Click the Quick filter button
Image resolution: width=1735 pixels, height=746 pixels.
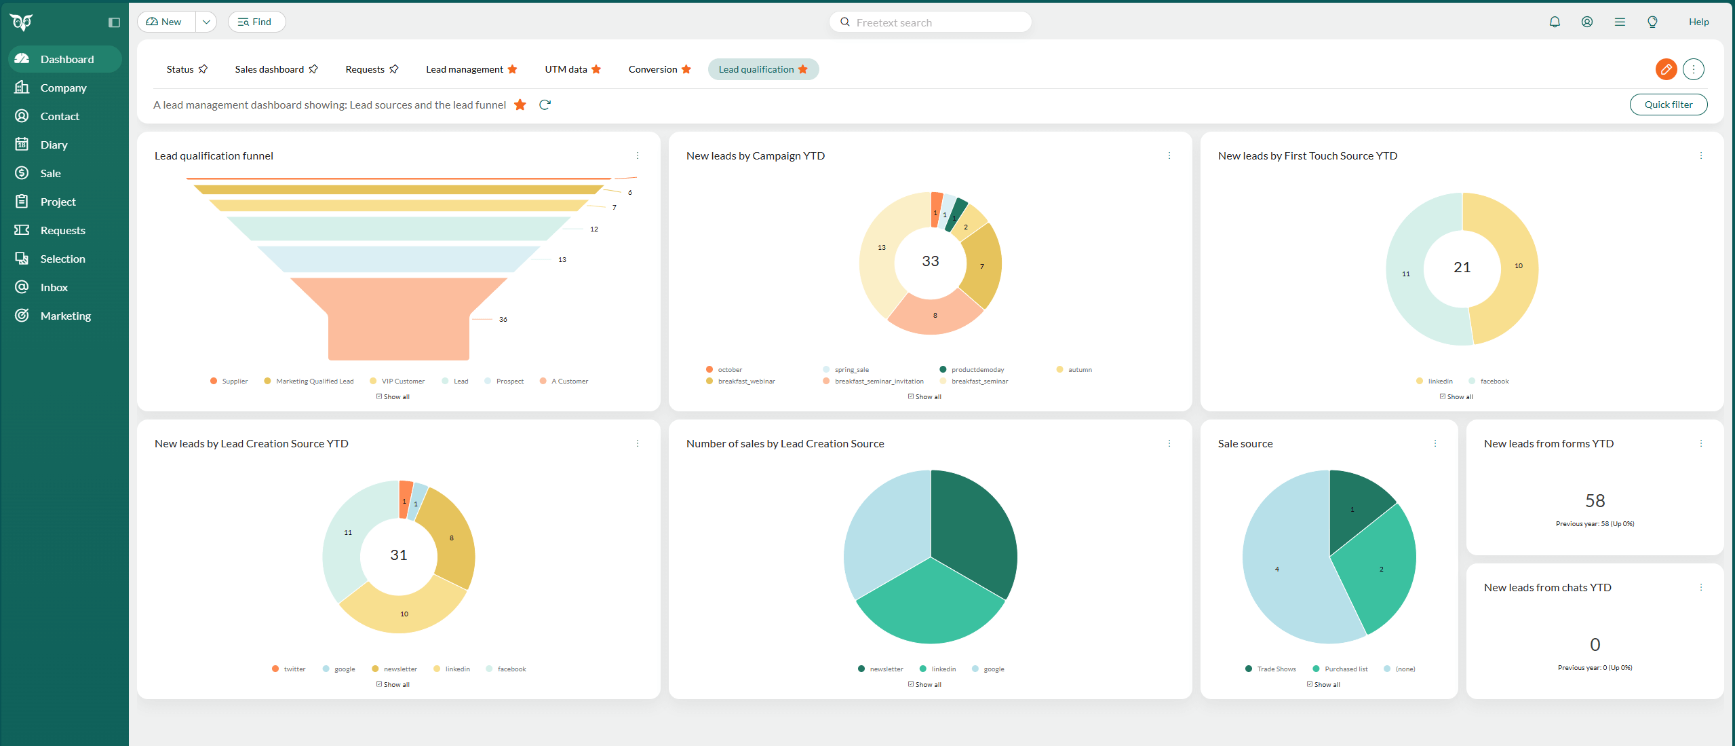pyautogui.click(x=1668, y=105)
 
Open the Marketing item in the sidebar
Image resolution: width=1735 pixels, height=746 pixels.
pyautogui.click(x=65, y=316)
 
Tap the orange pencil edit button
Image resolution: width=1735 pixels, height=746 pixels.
pyautogui.click(x=1666, y=69)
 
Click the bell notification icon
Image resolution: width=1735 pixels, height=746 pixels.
pyautogui.click(x=1555, y=22)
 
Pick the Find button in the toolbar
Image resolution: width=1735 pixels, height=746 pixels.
pyautogui.click(x=256, y=22)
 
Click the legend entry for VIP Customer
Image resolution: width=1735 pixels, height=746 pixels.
pyautogui.click(x=402, y=381)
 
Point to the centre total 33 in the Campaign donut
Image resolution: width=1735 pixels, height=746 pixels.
pyautogui.click(x=931, y=261)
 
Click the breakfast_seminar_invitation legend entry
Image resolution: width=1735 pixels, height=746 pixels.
pyautogui.click(x=878, y=381)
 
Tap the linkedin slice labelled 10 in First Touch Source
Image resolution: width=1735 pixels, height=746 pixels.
pyautogui.click(x=1510, y=268)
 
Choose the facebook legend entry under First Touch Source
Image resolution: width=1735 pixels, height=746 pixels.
pyautogui.click(x=1494, y=381)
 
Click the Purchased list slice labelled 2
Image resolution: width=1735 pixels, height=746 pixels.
pyautogui.click(x=1380, y=569)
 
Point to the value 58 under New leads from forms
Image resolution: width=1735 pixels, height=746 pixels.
pyautogui.click(x=1595, y=501)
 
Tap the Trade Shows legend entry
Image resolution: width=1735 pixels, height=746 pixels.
pyautogui.click(x=1275, y=669)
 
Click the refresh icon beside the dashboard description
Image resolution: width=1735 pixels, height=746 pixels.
pyautogui.click(x=545, y=105)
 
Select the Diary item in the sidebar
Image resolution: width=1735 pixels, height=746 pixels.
pyautogui.click(x=54, y=145)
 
